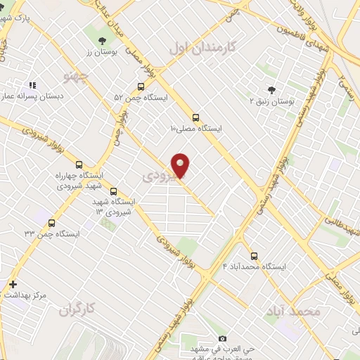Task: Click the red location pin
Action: pos(181,165)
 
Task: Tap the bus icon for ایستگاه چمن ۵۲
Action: pos(141,87)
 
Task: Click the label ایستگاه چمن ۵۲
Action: pos(141,98)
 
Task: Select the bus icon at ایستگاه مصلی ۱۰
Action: pos(195,118)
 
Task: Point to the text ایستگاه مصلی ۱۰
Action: pos(196,129)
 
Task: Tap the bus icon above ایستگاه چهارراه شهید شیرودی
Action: pos(79,164)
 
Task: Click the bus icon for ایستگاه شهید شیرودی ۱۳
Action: pos(114,191)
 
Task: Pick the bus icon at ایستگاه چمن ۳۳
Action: pos(51,223)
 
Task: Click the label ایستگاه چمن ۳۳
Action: pos(52,233)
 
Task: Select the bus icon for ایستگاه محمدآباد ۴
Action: pos(254,256)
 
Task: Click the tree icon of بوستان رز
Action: pos(103,41)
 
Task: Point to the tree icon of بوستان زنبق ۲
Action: pos(271,90)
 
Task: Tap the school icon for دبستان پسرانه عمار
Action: pos(32,85)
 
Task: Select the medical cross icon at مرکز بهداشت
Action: pos(13,285)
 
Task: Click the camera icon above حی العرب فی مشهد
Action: pos(223,338)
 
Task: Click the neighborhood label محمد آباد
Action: pos(294,310)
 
